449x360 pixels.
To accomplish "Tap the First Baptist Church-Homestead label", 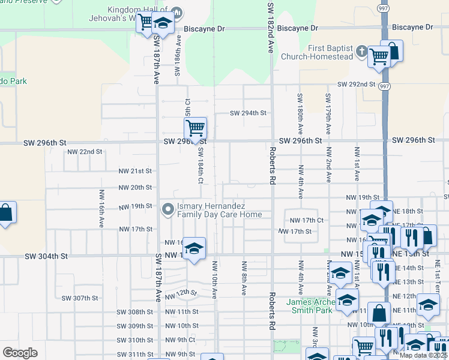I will [322, 53].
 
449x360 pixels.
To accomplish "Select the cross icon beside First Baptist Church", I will [362, 52].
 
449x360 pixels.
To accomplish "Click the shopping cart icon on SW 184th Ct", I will [195, 128].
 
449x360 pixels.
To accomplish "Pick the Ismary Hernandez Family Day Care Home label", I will [218, 210].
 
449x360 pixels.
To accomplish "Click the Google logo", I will [20, 352].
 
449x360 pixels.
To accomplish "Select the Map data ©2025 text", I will [423, 355].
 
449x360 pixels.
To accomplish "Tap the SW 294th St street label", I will [248, 113].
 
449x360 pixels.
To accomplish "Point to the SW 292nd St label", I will [356, 85].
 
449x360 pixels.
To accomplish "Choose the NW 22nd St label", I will [85, 152].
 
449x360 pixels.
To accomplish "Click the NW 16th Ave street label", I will [100, 208].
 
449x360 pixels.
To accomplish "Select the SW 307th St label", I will [79, 298].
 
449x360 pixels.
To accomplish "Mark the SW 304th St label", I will [46, 256].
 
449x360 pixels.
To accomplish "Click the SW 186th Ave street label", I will [178, 56].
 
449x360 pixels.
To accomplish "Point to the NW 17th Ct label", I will [307, 220].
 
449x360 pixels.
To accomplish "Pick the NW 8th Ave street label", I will [244, 278].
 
